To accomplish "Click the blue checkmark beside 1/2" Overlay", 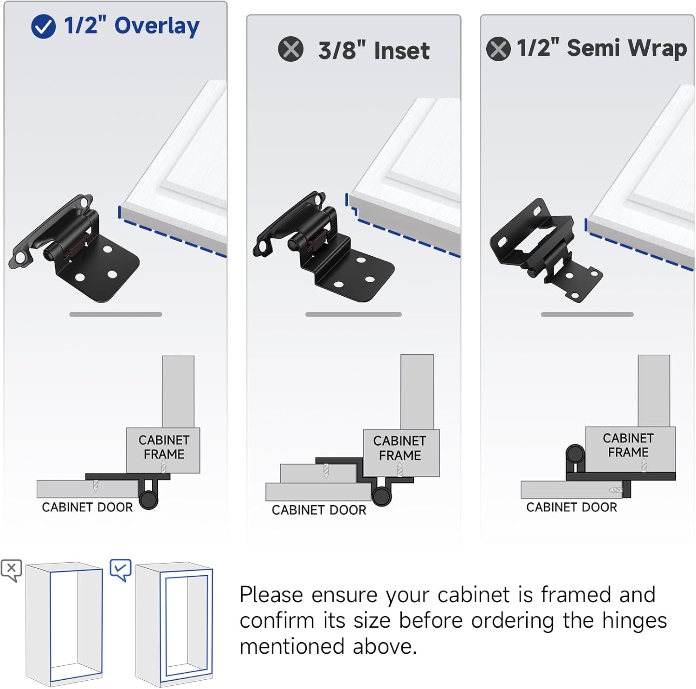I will point(43,26).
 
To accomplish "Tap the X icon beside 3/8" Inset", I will point(290,49).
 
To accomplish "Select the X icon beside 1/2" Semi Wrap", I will point(498,49).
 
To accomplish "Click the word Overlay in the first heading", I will point(157,26).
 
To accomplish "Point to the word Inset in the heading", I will point(401,51).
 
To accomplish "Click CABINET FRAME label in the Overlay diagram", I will point(164,447).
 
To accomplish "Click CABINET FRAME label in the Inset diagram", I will point(400,448).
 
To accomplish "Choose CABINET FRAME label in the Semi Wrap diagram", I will point(628,445).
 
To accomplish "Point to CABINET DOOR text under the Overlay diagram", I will point(87,507).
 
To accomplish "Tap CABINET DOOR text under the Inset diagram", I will point(319,510).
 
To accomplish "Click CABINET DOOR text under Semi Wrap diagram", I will point(572,507).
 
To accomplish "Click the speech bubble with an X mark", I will point(12,569).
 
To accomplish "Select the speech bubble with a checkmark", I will point(121,569).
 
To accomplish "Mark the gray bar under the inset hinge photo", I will point(353,314).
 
